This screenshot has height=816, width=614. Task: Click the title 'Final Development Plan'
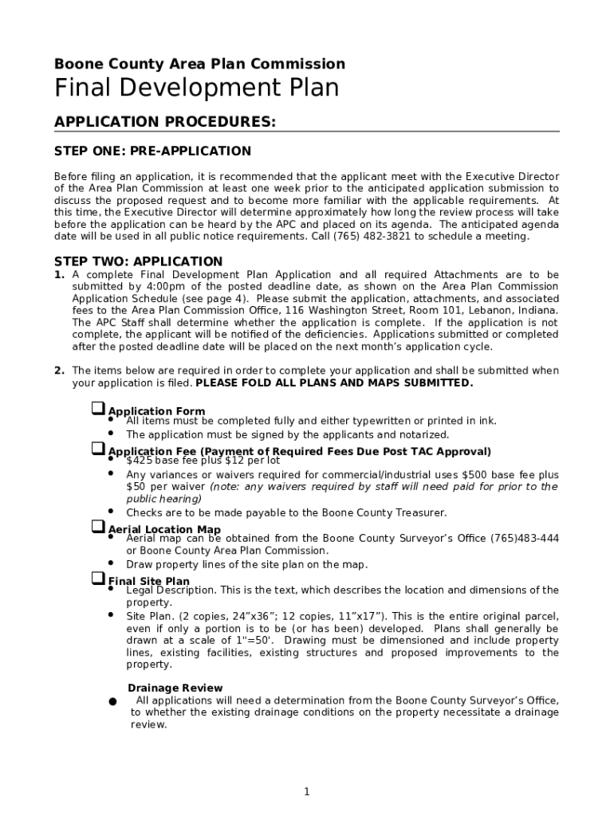coord(196,88)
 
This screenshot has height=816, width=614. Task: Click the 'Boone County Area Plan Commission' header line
coord(199,64)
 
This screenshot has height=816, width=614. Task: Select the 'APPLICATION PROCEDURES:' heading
coord(165,121)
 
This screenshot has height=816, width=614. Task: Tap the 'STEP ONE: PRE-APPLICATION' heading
coord(152,151)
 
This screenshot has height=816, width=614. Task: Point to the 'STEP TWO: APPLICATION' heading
coord(138,261)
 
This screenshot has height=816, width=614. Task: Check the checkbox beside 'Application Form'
coord(97,409)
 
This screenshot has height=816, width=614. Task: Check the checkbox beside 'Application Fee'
coord(97,449)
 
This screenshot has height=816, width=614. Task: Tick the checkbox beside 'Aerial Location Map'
coord(97,527)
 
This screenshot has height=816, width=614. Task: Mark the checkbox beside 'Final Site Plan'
coord(97,579)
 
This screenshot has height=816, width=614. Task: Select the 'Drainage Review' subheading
coord(175,688)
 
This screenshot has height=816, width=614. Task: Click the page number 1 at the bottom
coord(306,791)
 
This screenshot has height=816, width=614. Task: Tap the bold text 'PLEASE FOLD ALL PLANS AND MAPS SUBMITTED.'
coord(334,382)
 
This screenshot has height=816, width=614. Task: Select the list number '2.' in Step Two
coord(59,371)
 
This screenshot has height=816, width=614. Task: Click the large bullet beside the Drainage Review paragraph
coord(114,702)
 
